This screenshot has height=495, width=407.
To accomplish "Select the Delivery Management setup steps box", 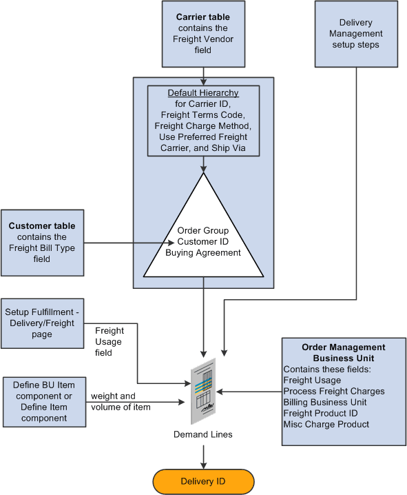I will (x=355, y=34).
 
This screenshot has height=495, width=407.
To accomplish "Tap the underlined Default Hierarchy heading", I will (x=203, y=93).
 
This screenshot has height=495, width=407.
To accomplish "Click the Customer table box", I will (x=42, y=242).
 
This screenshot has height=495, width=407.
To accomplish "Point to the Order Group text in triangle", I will (x=203, y=231).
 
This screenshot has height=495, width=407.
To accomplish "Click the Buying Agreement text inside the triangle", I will (x=203, y=253).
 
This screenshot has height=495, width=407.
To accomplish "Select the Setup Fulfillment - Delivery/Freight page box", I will (x=42, y=323).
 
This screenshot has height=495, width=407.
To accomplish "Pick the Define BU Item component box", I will (x=44, y=401).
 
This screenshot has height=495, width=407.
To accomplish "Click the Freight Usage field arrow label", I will (x=108, y=341).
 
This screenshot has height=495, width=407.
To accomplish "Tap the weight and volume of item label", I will (x=121, y=401).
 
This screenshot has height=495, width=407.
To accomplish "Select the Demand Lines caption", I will (x=203, y=436).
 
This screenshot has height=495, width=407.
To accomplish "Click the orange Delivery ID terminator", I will (x=204, y=481).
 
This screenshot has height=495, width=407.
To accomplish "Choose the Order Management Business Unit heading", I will (x=343, y=353).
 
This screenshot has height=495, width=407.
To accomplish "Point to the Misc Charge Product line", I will (x=326, y=424).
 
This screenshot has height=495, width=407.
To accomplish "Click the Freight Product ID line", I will (x=320, y=413).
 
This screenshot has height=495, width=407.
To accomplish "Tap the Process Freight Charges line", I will (x=333, y=391).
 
